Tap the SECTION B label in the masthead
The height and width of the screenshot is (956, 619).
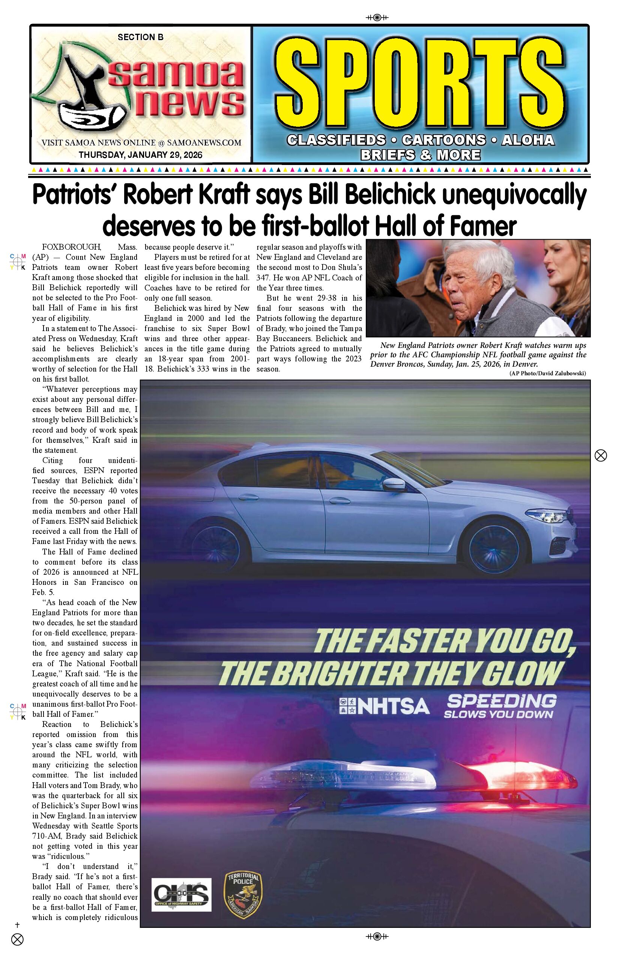click(x=140, y=37)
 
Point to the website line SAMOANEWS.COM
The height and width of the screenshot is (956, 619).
click(x=204, y=142)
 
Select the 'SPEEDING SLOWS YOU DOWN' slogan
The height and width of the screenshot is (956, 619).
click(x=501, y=706)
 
